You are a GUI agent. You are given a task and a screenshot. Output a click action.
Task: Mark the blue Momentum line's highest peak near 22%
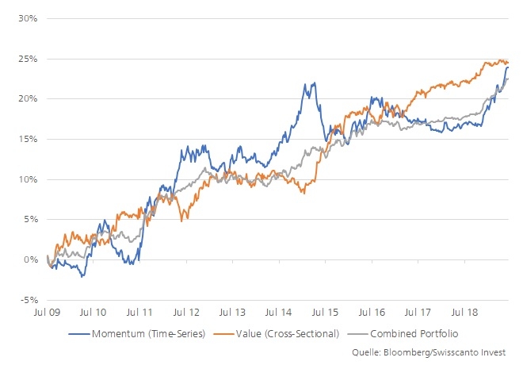315,83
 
